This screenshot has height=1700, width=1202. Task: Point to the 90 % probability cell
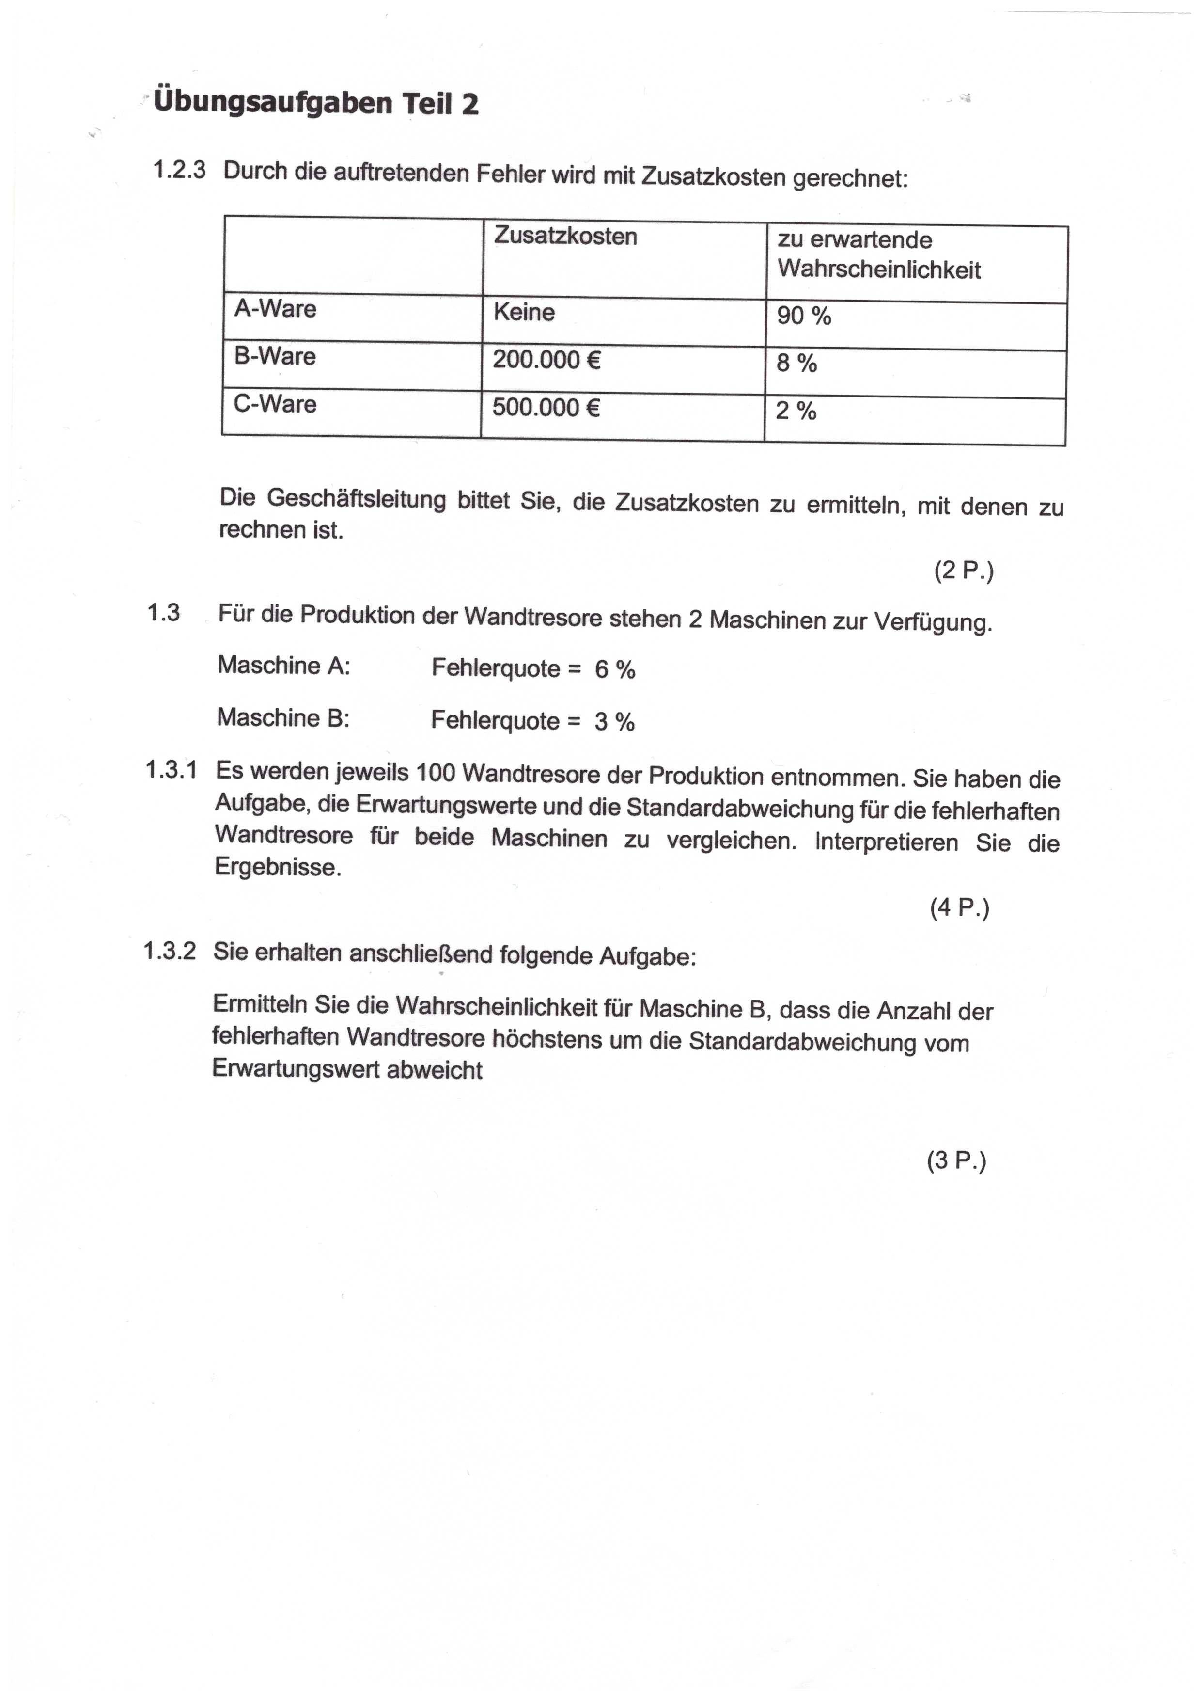[804, 316]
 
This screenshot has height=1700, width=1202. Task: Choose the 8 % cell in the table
[796, 364]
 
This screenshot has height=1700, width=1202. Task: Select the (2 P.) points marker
[964, 572]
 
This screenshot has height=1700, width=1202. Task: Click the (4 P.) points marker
[959, 908]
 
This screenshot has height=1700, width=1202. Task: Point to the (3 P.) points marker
[956, 1161]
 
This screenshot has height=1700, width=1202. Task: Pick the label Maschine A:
[283, 666]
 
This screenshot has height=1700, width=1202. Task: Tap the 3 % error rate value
[614, 722]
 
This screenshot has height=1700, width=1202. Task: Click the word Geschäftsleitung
[356, 499]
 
